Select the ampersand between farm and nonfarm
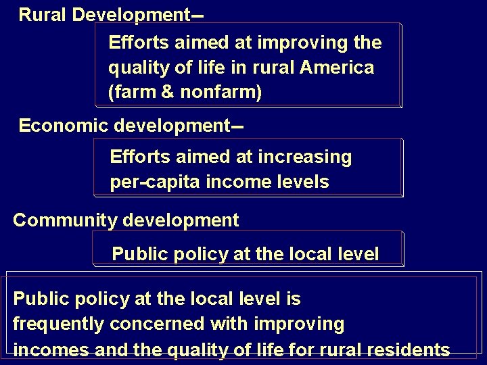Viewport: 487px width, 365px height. (166, 92)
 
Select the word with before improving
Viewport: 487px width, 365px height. (230, 324)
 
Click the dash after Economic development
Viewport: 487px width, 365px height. (237, 126)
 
